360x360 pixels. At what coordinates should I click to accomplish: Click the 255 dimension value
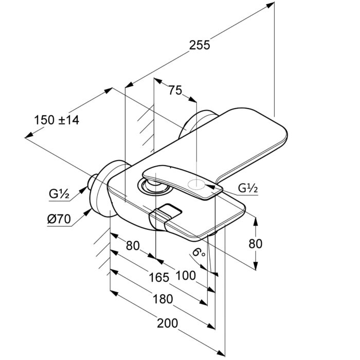tap(200, 45)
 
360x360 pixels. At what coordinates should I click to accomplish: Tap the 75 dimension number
tap(175, 91)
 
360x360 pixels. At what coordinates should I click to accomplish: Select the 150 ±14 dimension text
tap(57, 120)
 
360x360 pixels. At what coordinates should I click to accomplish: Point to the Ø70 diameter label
tap(58, 219)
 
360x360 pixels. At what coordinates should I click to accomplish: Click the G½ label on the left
tap(59, 194)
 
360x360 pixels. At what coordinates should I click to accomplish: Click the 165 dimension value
tap(158, 278)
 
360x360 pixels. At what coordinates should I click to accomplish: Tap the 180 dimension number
tap(162, 299)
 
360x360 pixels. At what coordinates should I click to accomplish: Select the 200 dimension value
tap(167, 323)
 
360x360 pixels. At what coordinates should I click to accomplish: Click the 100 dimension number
tap(185, 275)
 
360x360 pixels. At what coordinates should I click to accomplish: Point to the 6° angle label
tap(198, 253)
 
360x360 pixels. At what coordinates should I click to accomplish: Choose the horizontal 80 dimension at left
tap(133, 246)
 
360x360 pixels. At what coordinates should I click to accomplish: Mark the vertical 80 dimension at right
tap(255, 243)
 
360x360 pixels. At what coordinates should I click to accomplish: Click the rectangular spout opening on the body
tap(168, 212)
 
